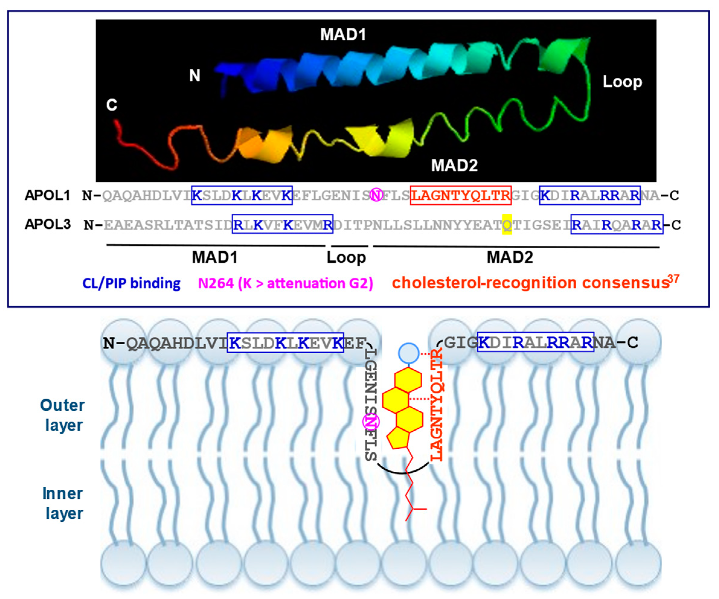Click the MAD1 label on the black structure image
click(343, 35)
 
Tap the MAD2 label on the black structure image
click(454, 165)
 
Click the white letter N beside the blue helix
click(195, 75)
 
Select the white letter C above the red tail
click(112, 105)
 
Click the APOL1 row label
click(48, 196)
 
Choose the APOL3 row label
click(48, 225)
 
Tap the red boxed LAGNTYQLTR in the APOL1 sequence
click(461, 196)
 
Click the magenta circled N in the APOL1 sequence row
click(376, 195)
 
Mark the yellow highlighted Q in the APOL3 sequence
click(507, 224)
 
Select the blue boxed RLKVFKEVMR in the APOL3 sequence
click(283, 224)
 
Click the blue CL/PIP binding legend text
click(132, 283)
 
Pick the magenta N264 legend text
click(286, 283)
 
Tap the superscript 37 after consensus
click(673, 279)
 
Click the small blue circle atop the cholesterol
click(408, 352)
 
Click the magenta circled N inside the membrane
click(371, 422)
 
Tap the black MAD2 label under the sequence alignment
click(510, 257)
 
